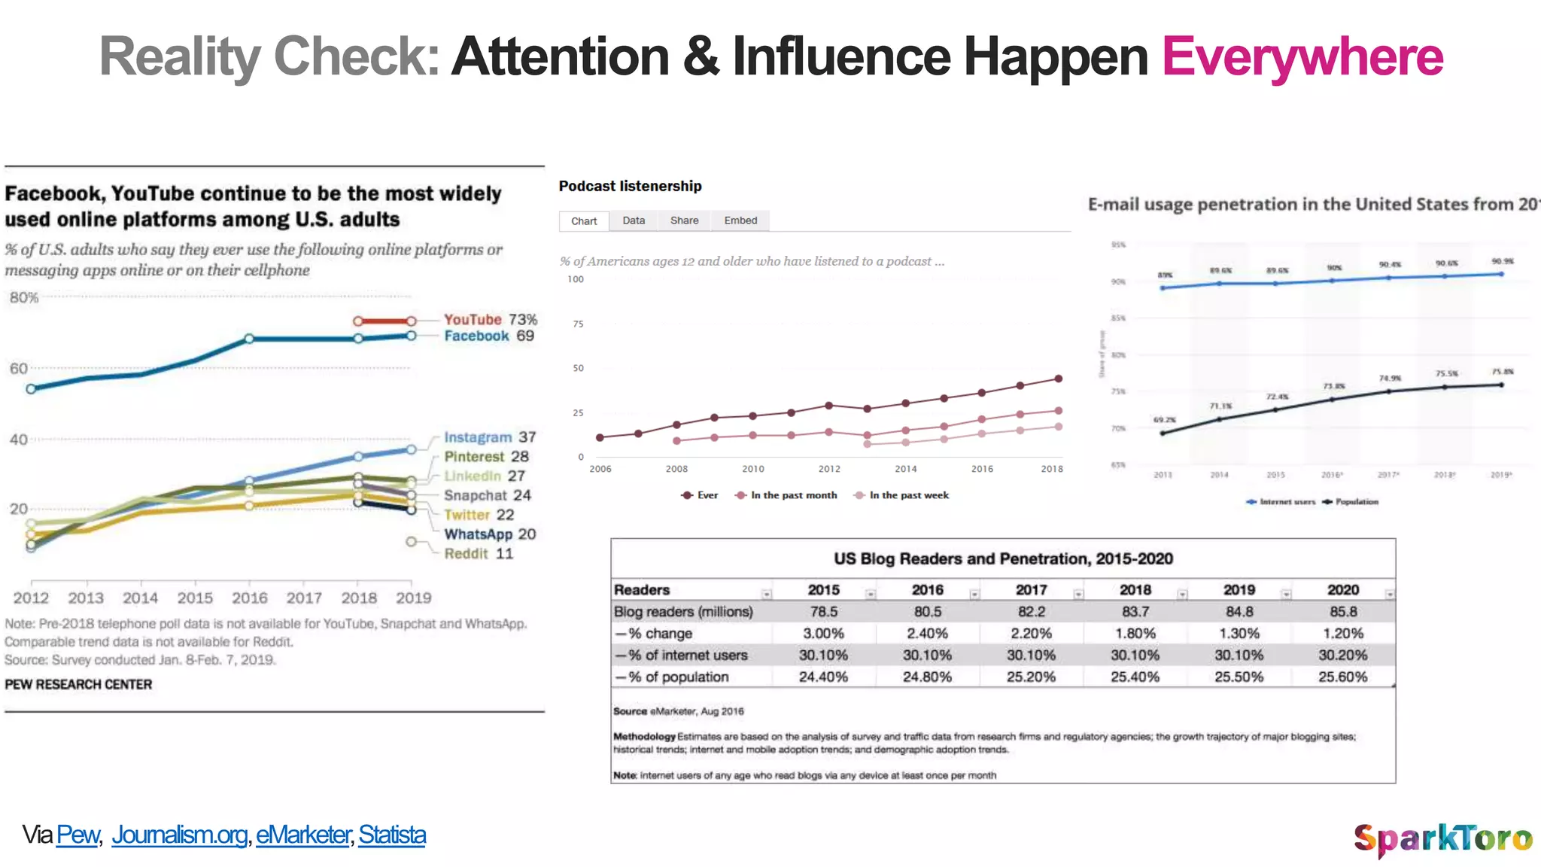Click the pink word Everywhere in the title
click(x=1302, y=57)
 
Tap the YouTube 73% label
click(x=490, y=320)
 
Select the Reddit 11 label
click(x=478, y=554)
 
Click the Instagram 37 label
click(x=489, y=437)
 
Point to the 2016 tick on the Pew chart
click(x=249, y=598)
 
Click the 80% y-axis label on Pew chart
click(x=23, y=298)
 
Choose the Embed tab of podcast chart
click(x=740, y=221)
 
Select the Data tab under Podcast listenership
click(x=634, y=221)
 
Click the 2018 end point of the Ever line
click(x=1058, y=379)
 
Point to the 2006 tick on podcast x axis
click(x=600, y=469)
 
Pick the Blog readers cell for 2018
click(x=1135, y=612)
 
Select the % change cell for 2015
click(x=823, y=634)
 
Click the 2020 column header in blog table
click(x=1342, y=590)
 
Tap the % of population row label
click(x=677, y=677)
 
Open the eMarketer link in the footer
click(x=303, y=835)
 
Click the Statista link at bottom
click(x=392, y=835)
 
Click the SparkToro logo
click(x=1442, y=838)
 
